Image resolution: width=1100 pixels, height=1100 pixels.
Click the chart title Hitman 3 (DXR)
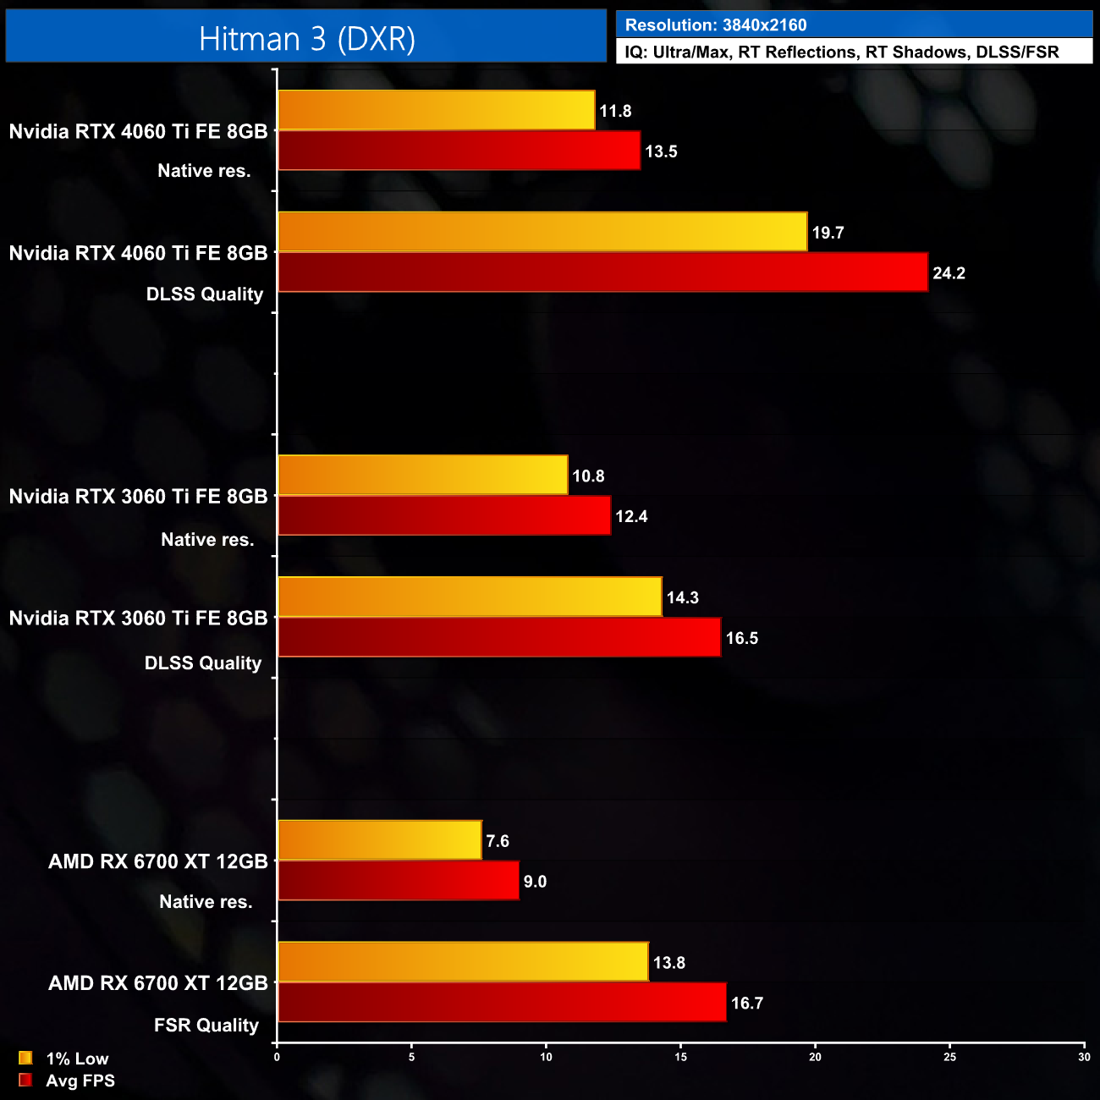pos(306,39)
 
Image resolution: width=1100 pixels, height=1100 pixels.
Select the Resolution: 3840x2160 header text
pos(715,25)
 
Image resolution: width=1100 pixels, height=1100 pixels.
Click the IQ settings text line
pos(841,52)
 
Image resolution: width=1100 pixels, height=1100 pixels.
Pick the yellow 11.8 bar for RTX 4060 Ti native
pos(436,111)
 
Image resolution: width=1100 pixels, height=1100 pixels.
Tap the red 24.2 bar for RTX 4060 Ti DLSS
pos(602,272)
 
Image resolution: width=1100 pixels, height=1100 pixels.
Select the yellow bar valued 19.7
pos(542,232)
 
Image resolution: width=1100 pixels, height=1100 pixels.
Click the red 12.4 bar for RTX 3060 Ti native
pos(444,516)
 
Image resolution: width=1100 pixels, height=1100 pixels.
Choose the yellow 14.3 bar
pos(470,597)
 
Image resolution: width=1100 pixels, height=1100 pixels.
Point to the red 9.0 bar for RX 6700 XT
pos(398,881)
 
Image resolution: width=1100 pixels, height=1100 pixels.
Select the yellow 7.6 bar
pos(379,840)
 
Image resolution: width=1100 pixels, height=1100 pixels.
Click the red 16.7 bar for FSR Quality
pos(502,1003)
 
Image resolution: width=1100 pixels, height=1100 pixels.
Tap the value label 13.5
pos(661,152)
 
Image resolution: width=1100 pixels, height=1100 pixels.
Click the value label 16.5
pos(741,639)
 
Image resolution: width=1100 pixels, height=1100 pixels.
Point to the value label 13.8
pos(668,963)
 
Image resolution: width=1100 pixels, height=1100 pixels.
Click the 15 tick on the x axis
pos(680,1057)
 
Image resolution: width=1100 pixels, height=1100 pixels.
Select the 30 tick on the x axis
pos(1084,1057)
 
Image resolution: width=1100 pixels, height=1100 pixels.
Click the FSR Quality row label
pos(206,1026)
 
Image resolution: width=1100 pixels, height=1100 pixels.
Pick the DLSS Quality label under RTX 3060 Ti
pos(203,663)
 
